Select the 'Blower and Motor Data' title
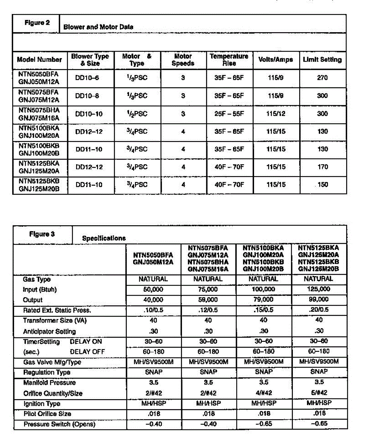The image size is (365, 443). pos(98,27)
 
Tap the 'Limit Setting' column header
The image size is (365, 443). pos(322,59)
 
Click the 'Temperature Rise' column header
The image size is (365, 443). pos(229,59)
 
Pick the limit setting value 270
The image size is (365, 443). pos(322,78)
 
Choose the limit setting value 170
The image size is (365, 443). pos(322,167)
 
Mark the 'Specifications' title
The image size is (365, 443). pos(104,238)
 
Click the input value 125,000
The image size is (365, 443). pos(319,289)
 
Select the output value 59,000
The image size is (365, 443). pos(208,300)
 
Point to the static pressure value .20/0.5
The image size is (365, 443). pos(319,310)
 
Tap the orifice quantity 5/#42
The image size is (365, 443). pos(319,393)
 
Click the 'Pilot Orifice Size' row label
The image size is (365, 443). pos(47,414)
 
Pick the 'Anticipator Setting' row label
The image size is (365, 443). pos(49,332)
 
